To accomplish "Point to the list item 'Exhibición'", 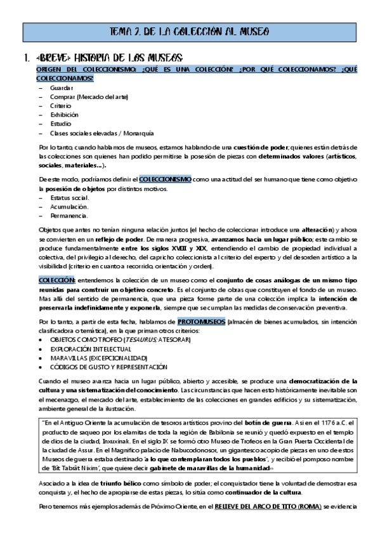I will pyautogui.click(x=64, y=115).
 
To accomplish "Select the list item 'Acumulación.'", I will pyautogui.click(x=69, y=207).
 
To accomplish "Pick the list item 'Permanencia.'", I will pyautogui.click(x=69, y=216).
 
